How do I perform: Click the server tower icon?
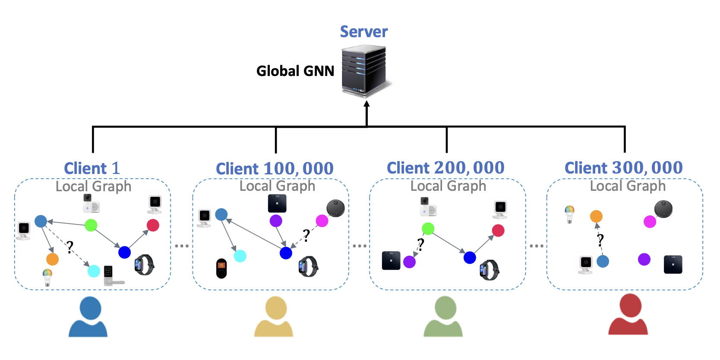coord(365,71)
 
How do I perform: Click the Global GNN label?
coord(295,71)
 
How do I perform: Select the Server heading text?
coord(364,32)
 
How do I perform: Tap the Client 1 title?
coord(92,168)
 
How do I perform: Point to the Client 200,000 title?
coord(445,168)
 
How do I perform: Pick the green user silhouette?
coord(444,316)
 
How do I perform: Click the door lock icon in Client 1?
coord(111,276)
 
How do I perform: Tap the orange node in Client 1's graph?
coord(52,259)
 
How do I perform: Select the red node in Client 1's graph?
coord(153,225)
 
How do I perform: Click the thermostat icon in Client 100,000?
coord(221,268)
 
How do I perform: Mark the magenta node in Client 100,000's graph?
coord(322,221)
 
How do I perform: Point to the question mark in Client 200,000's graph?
coord(420,244)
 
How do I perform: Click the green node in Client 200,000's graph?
coord(428,228)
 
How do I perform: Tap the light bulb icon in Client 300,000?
coord(570,214)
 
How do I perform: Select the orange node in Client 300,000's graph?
coord(596,216)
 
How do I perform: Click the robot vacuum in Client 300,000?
coord(663,209)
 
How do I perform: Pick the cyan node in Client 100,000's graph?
coord(240,256)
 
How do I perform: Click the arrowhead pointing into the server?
coord(366,104)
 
